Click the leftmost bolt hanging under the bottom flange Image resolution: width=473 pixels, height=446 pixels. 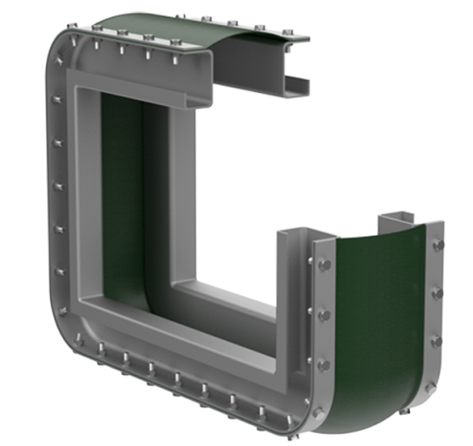point(102,351)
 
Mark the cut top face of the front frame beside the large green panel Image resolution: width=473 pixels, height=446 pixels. point(299,234)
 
